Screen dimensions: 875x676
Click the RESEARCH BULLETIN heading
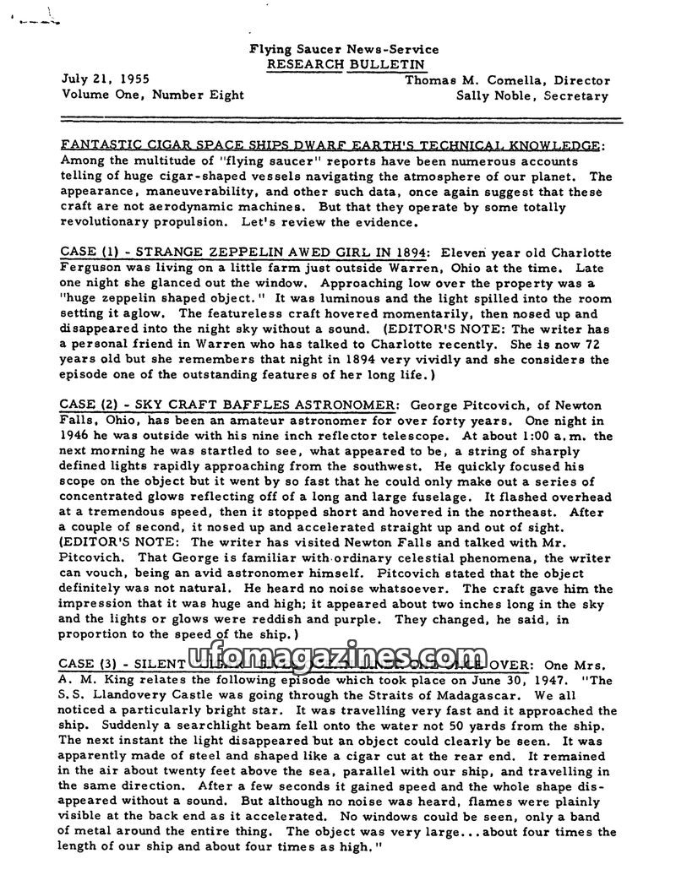click(345, 64)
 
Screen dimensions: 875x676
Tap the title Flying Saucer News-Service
click(345, 50)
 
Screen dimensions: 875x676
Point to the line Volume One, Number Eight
click(153, 95)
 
